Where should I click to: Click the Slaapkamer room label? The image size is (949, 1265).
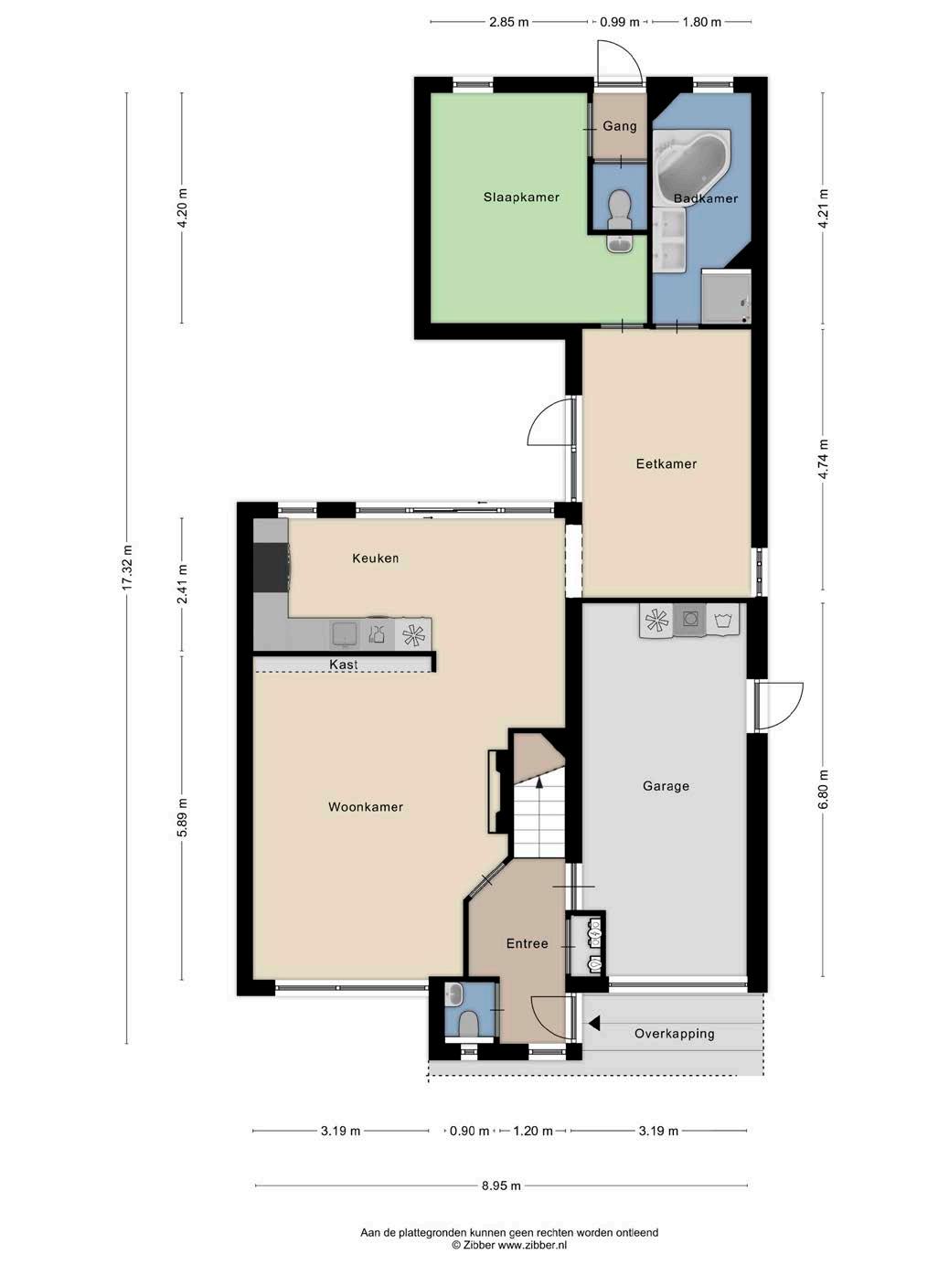(521, 197)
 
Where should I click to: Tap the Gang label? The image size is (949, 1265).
(620, 126)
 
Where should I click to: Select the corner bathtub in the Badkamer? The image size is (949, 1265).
(691, 163)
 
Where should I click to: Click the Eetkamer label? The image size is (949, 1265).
(666, 464)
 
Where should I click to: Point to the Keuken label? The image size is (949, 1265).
(376, 558)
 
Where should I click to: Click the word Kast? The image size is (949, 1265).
(344, 664)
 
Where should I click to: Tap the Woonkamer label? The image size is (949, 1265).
(366, 807)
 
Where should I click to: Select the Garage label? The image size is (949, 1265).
(666, 786)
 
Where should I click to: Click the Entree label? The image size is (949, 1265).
(527, 943)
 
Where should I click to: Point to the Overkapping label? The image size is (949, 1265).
(674, 1034)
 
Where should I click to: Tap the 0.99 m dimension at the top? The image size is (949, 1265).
(620, 23)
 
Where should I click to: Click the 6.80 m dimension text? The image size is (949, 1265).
(824, 790)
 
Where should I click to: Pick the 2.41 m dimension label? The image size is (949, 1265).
(183, 584)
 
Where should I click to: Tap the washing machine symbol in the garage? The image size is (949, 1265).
(722, 620)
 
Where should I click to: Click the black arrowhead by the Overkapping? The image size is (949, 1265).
(594, 1024)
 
